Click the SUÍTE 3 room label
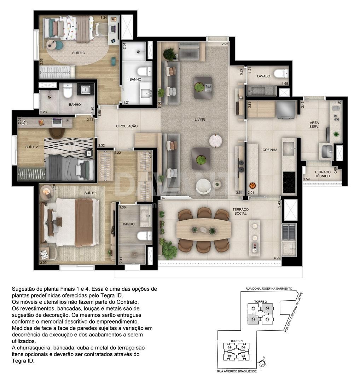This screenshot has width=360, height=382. click(79, 53)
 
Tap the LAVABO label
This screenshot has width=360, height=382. click(263, 76)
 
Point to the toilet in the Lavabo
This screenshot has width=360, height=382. click(281, 73)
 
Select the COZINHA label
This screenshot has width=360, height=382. click(270, 150)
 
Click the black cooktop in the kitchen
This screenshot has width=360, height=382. click(289, 182)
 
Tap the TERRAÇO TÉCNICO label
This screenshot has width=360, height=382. click(323, 174)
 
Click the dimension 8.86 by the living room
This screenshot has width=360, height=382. click(159, 105)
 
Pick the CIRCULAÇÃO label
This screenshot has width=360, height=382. click(127, 126)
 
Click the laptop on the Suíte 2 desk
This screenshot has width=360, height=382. click(57, 121)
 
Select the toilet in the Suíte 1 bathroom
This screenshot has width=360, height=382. click(144, 236)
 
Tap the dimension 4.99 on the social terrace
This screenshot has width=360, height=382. click(277, 258)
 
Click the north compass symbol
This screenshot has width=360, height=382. click(262, 363)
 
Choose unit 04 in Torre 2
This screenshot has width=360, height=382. click(267, 308)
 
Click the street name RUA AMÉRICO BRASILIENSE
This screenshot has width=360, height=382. click(237, 371)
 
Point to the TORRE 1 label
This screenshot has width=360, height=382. click(237, 341)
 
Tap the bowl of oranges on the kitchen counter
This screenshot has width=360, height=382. click(252, 186)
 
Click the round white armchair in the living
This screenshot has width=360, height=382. click(203, 187)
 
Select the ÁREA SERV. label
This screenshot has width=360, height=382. click(314, 125)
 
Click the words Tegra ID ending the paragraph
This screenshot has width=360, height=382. click(23, 361)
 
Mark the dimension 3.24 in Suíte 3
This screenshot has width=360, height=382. click(104, 18)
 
